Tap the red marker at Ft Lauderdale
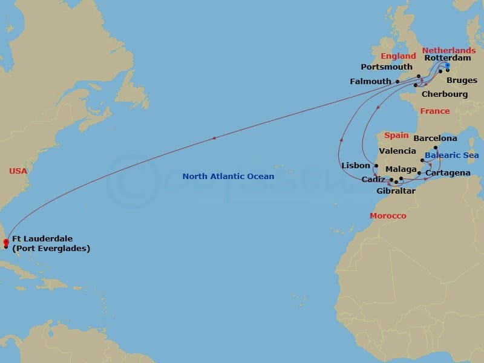[6, 242]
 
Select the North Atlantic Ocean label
[228, 177]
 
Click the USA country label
[18, 171]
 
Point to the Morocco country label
[388, 216]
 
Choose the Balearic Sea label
[451, 155]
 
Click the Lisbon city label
[355, 165]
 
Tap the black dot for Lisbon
[376, 166]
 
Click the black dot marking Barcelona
[435, 148]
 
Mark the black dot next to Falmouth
[397, 82]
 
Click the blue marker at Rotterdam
[447, 65]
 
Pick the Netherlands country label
[448, 50]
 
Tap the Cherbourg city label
[445, 94]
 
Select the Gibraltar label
[396, 191]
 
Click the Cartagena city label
[448, 173]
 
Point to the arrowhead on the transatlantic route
[214, 139]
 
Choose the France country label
[435, 111]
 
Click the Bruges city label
[462, 80]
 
